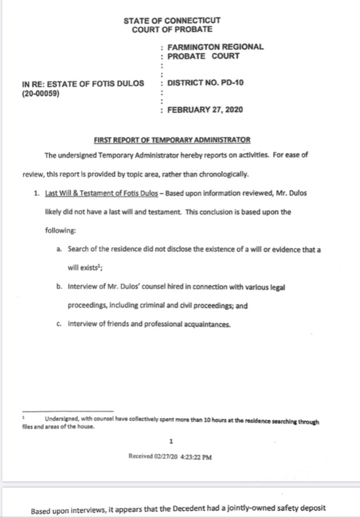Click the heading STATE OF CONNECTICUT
[x=172, y=21]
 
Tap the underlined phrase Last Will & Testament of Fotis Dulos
[x=101, y=193]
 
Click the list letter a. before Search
[x=60, y=249]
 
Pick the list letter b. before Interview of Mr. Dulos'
[x=60, y=287]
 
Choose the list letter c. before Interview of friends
[x=60, y=324]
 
